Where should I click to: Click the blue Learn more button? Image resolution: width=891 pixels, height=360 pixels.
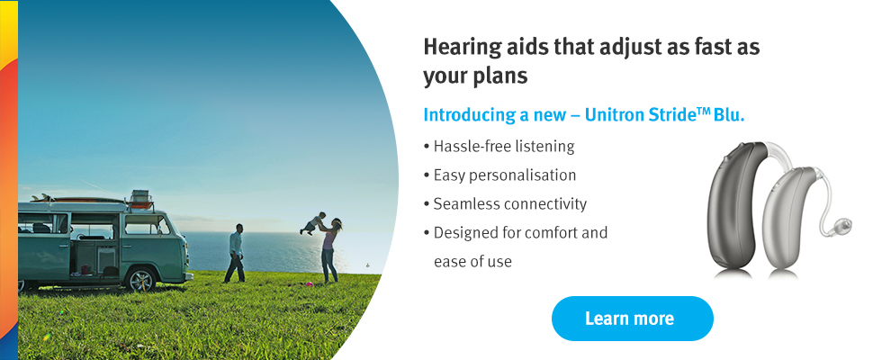pyautogui.click(x=632, y=319)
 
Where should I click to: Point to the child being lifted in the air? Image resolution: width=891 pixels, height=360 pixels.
pyautogui.click(x=313, y=222)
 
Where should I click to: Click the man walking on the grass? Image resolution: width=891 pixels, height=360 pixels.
pyautogui.click(x=235, y=253)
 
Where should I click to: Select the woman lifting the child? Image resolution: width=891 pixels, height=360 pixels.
pyautogui.click(x=330, y=251)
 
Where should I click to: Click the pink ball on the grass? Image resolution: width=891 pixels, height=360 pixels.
pyautogui.click(x=309, y=283)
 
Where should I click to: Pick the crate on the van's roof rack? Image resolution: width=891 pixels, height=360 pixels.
pyautogui.click(x=140, y=199)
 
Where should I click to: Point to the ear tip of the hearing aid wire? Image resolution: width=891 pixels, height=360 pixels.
pyautogui.click(x=844, y=224)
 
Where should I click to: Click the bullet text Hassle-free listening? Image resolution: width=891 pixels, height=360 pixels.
pyautogui.click(x=504, y=147)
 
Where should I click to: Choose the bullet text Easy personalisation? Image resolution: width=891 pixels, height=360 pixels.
pyautogui.click(x=505, y=175)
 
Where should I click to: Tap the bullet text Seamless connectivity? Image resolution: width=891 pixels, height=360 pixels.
pyautogui.click(x=510, y=203)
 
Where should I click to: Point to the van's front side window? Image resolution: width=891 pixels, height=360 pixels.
pyautogui.click(x=146, y=224)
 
